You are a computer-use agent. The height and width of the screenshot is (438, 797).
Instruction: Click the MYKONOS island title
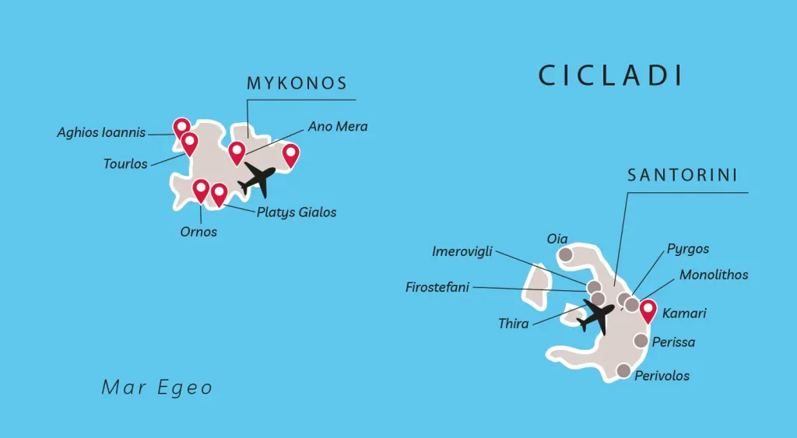click(297, 84)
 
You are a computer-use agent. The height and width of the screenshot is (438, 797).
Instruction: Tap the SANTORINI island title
click(683, 176)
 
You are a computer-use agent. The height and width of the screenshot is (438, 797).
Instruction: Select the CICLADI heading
click(611, 75)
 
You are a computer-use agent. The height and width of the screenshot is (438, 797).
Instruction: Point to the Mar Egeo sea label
click(157, 387)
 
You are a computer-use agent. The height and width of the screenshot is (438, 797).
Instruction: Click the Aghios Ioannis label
click(101, 133)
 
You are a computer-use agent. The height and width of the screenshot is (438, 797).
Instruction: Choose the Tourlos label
click(125, 164)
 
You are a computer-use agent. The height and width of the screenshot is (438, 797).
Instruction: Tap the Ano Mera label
click(338, 126)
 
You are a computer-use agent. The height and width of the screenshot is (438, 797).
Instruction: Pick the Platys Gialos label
click(297, 212)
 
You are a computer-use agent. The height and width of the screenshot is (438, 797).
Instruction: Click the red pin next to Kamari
click(648, 310)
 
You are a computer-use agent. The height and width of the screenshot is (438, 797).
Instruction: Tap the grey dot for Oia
click(566, 254)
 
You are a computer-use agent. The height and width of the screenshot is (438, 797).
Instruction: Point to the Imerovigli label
click(462, 251)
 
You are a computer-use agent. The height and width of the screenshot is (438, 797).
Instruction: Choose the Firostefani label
click(437, 287)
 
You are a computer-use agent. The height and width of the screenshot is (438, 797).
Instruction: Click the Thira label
click(513, 324)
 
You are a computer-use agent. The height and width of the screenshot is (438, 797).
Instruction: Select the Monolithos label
click(714, 275)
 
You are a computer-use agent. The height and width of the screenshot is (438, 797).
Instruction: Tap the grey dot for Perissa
click(641, 340)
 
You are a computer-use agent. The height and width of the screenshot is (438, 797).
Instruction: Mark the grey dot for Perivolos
click(623, 370)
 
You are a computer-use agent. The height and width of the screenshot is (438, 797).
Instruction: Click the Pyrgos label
click(688, 249)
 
